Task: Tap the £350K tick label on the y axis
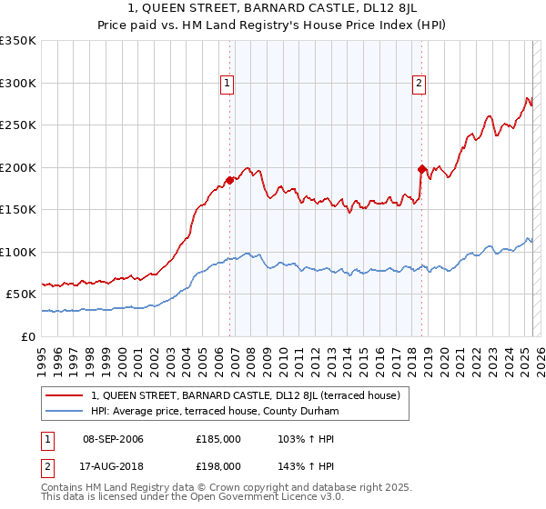click(17, 41)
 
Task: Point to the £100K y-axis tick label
click(17, 252)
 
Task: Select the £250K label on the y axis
click(17, 125)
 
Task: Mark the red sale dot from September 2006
click(229, 180)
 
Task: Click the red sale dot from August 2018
click(421, 169)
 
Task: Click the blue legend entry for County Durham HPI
click(215, 412)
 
